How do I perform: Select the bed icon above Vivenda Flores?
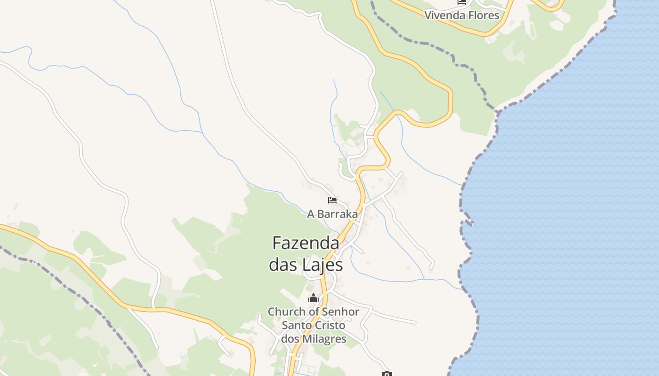[461, 2]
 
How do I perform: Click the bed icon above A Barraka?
[332, 200]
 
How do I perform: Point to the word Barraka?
[337, 214]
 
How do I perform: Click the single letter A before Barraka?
[311, 214]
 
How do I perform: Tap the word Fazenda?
[306, 243]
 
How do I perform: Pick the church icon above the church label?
[313, 298]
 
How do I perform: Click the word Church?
[286, 312]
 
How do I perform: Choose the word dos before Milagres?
[290, 338]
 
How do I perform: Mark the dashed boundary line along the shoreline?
[460, 197]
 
